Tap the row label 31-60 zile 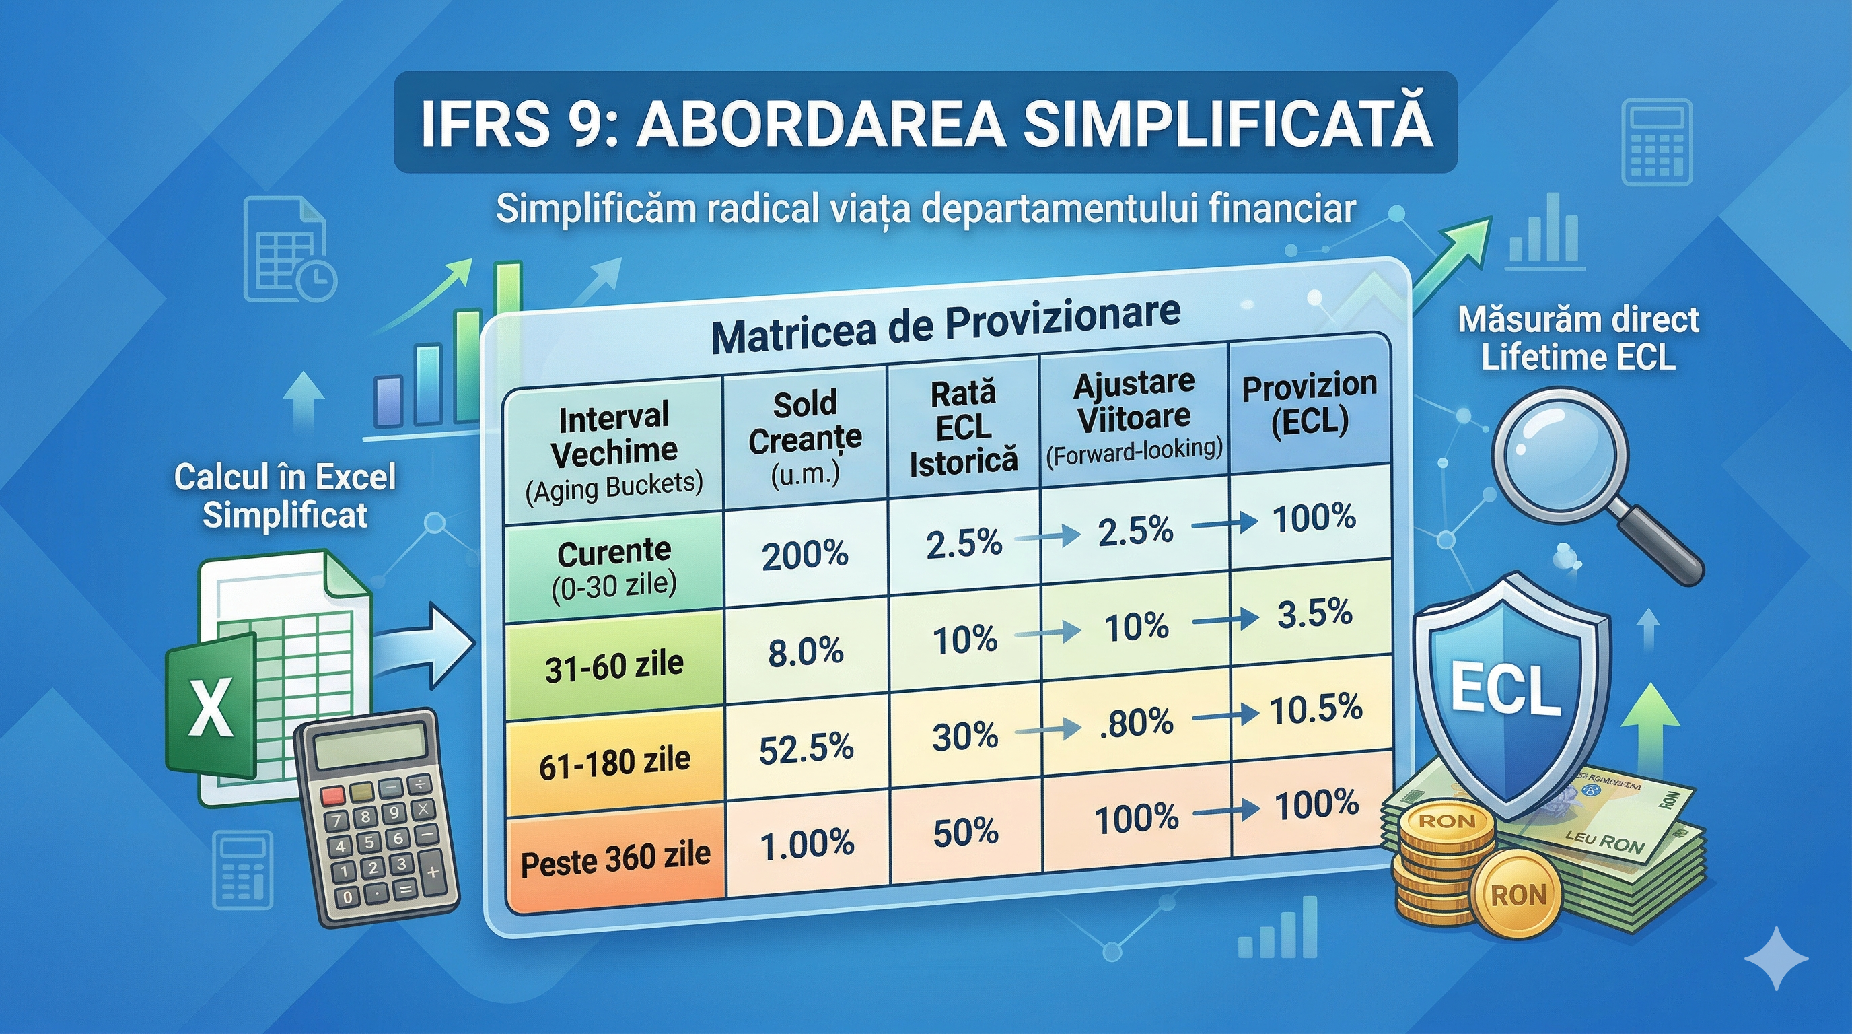(614, 666)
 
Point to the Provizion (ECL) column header (1309, 404)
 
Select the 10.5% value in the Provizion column (1316, 709)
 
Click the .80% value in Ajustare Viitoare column (1136, 722)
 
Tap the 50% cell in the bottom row (966, 833)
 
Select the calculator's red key (333, 795)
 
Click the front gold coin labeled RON (1518, 896)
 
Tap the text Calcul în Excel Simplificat (285, 496)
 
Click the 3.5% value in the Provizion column (1315, 614)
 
